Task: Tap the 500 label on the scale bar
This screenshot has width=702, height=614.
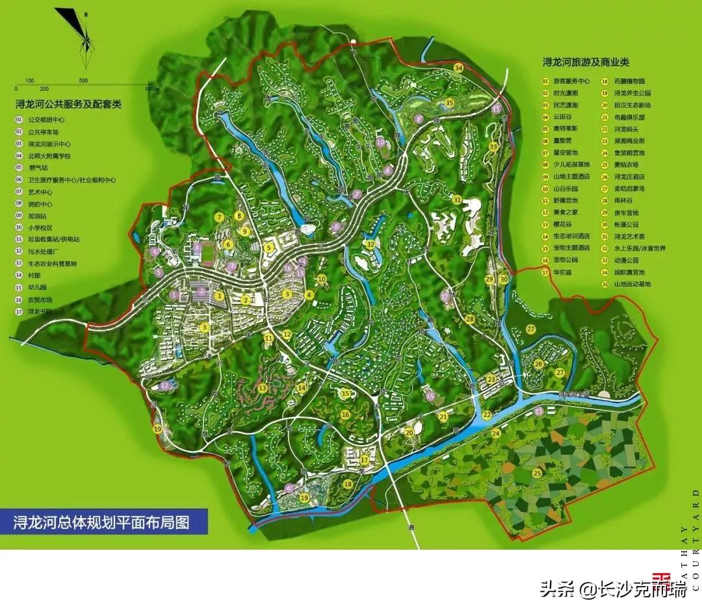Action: coord(83,81)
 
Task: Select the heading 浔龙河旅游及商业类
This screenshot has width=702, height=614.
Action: coord(586,62)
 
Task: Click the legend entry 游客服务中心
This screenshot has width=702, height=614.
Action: coord(571,82)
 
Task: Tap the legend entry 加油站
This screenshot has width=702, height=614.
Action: coord(37,215)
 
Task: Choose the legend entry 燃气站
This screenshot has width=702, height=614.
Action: coord(37,168)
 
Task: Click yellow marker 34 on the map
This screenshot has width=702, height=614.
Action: coord(459,68)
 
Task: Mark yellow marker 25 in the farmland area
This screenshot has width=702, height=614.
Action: coord(536,473)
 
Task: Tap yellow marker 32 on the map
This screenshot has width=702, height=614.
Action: coord(370,244)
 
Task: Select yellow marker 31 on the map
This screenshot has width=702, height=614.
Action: coord(457,199)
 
